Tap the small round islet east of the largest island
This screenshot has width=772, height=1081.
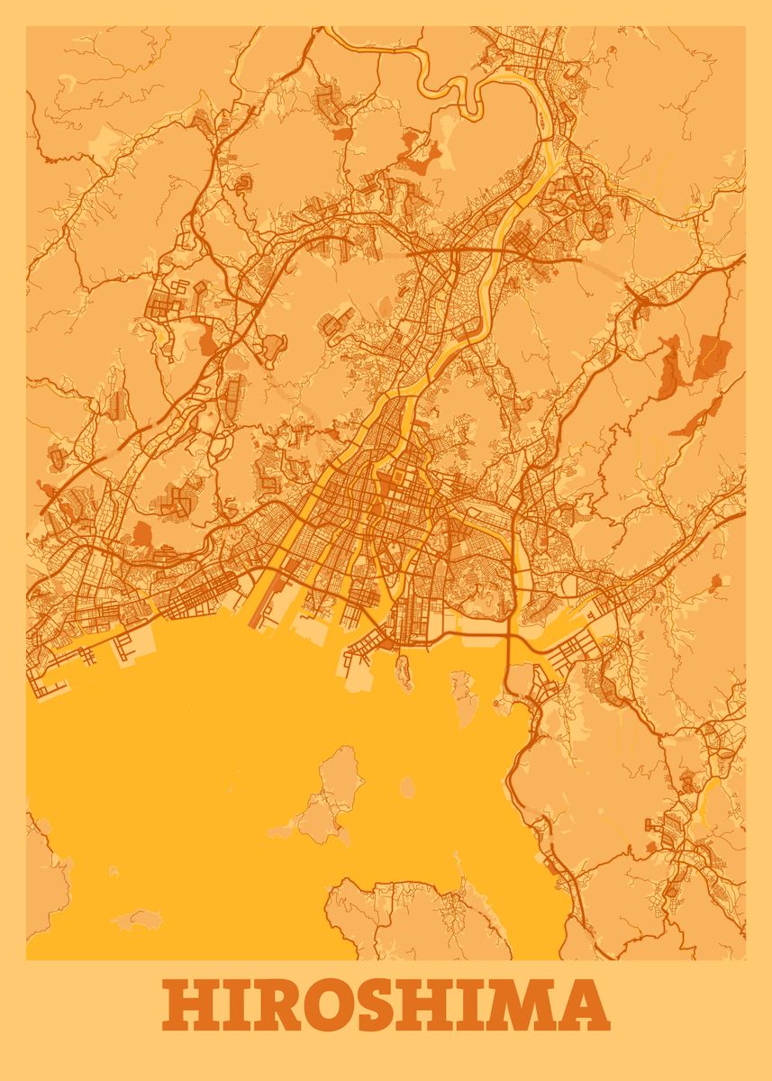coord(407,789)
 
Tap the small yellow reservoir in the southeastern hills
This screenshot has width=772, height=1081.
coord(708,793)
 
